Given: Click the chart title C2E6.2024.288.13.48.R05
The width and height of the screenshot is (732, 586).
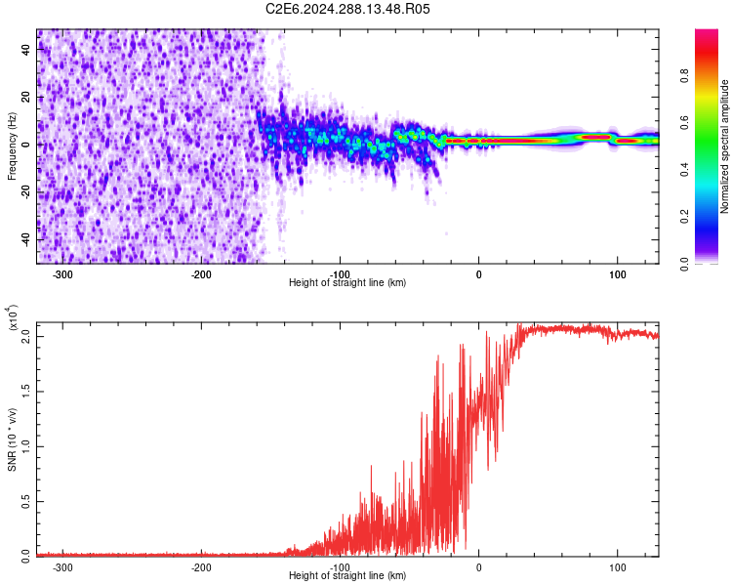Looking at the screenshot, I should click(x=348, y=9).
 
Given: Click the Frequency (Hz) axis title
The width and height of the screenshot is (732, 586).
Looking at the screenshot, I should click(x=12, y=146).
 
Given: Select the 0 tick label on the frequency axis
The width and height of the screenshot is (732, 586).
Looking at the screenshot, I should click(x=24, y=144).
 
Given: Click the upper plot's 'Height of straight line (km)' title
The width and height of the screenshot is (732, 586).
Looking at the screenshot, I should click(x=347, y=283).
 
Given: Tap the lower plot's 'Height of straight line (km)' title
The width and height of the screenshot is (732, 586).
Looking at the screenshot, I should click(x=347, y=576).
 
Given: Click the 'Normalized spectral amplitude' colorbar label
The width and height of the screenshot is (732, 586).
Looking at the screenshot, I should click(x=725, y=146).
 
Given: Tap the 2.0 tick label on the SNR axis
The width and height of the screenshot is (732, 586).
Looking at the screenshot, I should click(x=26, y=336).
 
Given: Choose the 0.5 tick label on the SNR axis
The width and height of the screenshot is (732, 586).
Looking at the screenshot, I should click(x=26, y=501).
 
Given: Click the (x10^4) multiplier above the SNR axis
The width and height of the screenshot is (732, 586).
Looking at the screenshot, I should click(x=13, y=318).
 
